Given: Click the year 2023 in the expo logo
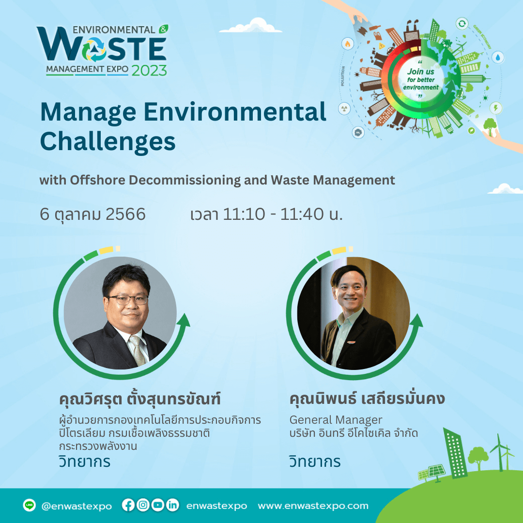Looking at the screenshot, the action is (149, 70).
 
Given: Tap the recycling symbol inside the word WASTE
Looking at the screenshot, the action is (94, 49).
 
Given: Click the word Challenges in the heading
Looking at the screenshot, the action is (108, 142).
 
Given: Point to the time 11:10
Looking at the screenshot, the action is (244, 214).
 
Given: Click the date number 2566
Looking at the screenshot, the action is (125, 214).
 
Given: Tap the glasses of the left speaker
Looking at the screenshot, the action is (128, 300).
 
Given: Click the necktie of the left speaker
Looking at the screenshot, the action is (138, 350).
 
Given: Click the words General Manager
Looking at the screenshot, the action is (336, 420).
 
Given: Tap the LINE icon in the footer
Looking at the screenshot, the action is (30, 505).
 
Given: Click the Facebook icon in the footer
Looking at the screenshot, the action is (128, 505).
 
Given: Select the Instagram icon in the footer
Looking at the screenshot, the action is (143, 505).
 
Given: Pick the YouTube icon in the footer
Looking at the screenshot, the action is (158, 505).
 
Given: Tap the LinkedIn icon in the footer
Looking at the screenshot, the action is (172, 505).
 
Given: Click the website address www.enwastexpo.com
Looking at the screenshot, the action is (313, 506).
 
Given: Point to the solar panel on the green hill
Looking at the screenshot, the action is (432, 472).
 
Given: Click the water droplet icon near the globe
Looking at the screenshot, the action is (498, 57).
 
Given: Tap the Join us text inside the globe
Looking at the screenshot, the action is (421, 71).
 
